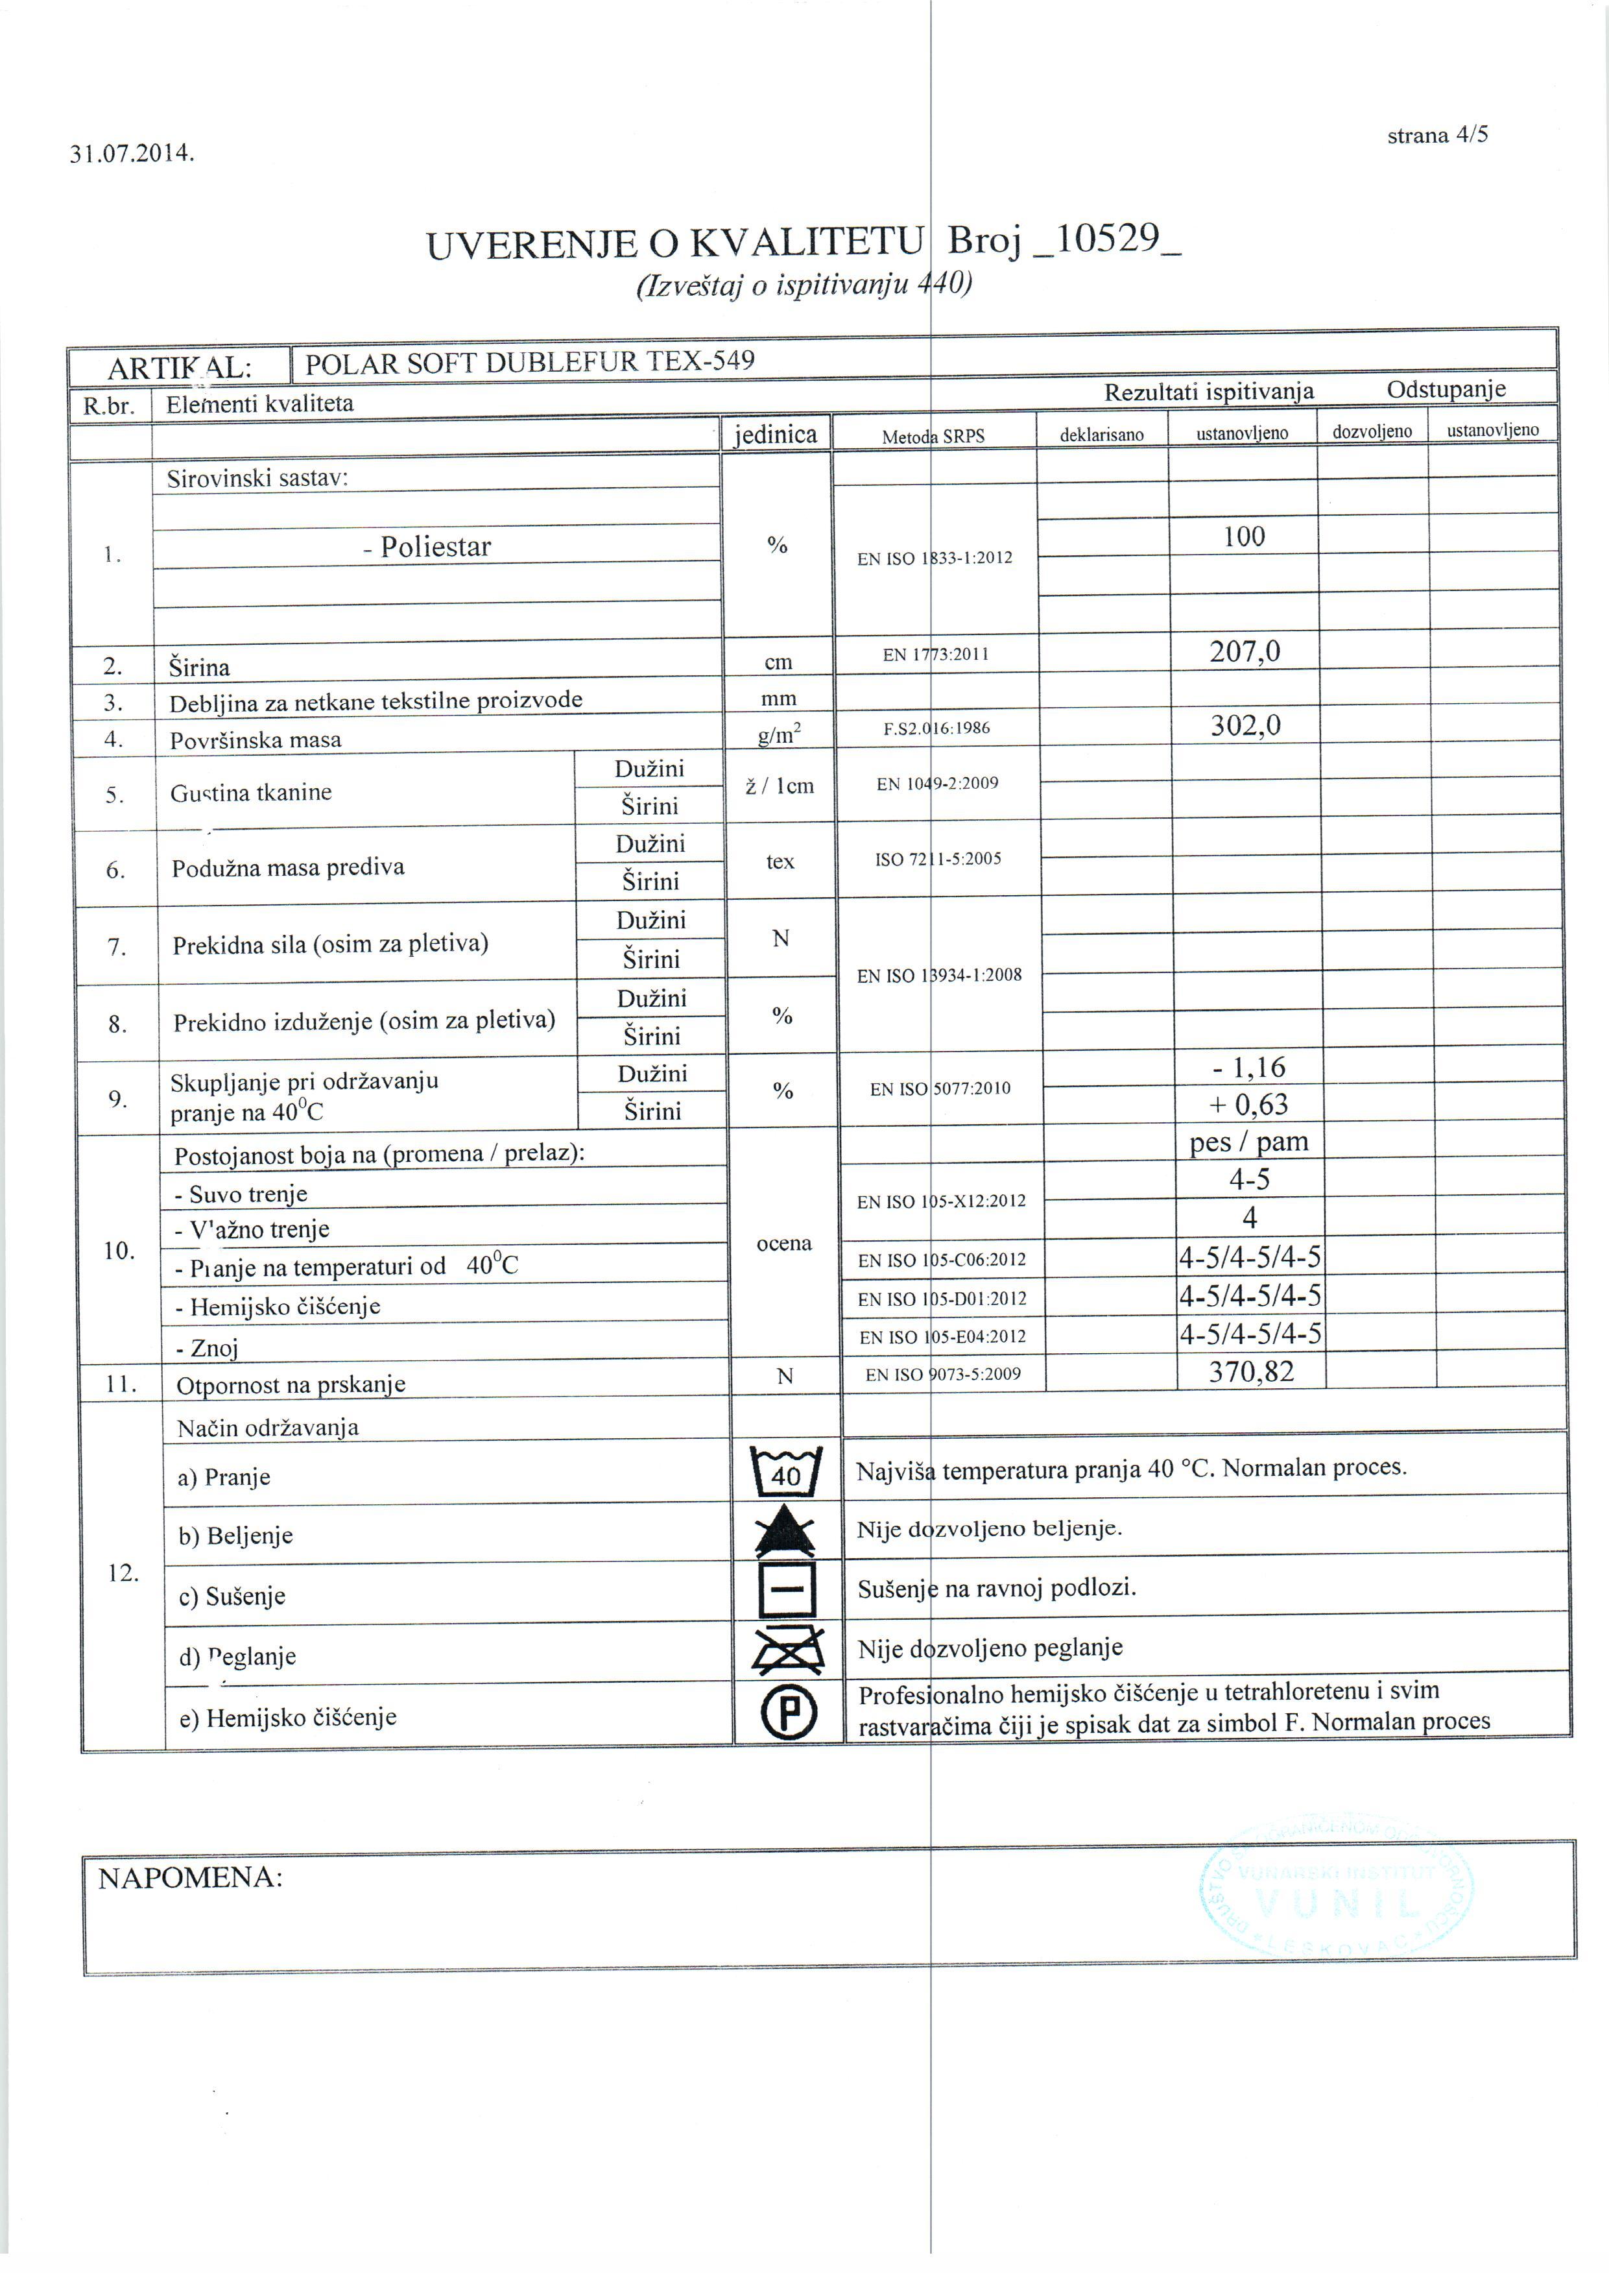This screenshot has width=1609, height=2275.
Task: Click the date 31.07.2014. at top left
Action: tap(132, 154)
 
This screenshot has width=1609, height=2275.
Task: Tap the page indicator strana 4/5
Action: tap(1436, 135)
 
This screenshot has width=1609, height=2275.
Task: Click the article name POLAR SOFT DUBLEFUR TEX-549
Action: tap(529, 362)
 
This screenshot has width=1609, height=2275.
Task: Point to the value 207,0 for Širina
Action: tap(1245, 651)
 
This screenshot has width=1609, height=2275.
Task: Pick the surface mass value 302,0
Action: tap(1245, 725)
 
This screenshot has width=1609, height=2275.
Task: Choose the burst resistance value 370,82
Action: tap(1251, 1371)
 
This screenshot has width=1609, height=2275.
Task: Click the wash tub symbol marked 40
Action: tap(785, 1471)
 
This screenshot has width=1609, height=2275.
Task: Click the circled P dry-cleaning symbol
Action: tap(789, 1712)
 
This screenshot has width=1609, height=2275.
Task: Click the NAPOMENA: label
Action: tap(189, 1877)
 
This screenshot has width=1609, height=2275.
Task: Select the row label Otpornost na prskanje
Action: tap(291, 1384)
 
